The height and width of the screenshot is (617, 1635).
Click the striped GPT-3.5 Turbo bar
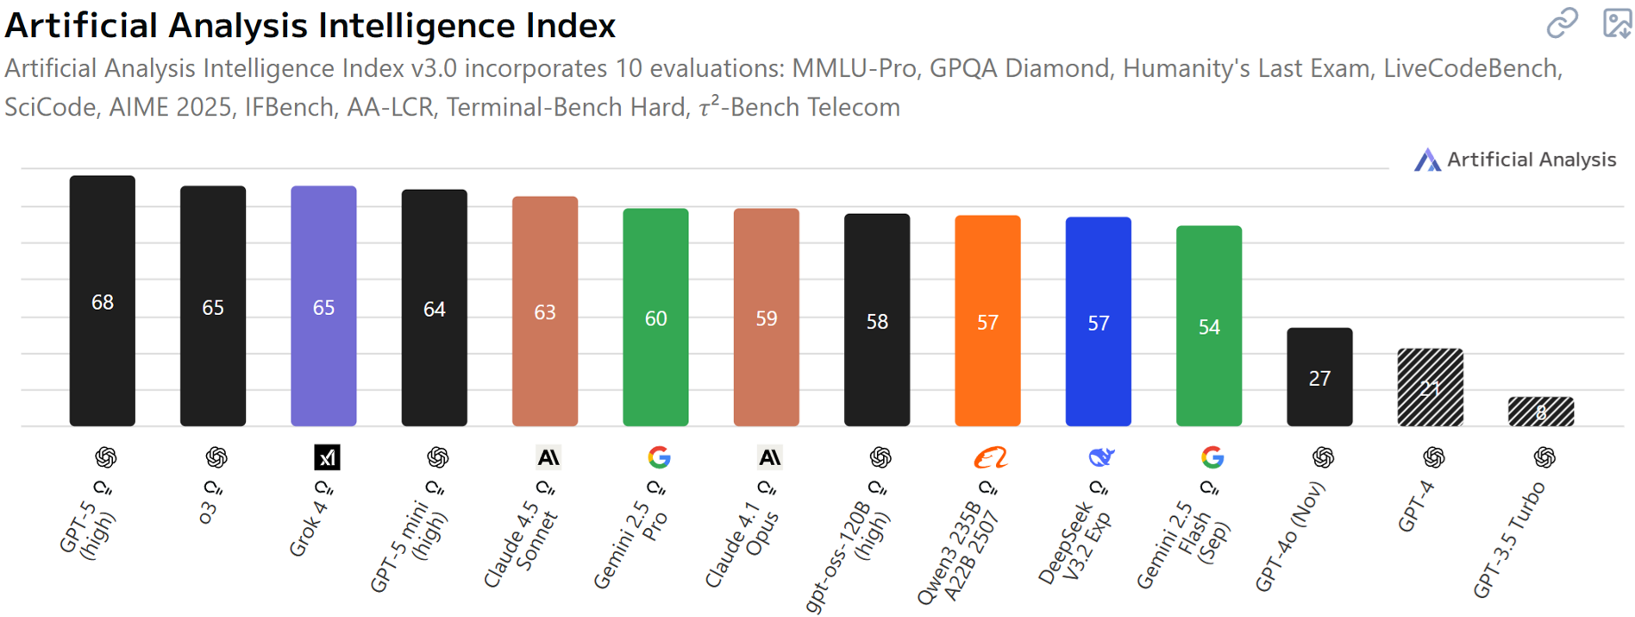(1540, 412)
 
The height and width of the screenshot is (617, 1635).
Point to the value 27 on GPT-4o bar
(1319, 378)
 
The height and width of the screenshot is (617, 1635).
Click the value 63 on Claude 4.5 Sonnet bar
(545, 312)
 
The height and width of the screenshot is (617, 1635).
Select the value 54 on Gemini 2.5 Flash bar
(1209, 327)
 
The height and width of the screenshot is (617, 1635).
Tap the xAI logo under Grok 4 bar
(327, 457)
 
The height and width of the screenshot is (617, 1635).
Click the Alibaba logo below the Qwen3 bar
(990, 457)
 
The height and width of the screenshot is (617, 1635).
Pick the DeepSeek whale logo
(1101, 456)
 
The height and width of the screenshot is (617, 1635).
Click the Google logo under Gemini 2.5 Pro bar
(659, 457)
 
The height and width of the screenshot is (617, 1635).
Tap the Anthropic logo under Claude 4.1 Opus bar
(769, 457)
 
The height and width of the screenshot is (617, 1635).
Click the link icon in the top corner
(1562, 23)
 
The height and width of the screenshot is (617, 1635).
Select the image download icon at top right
(1616, 23)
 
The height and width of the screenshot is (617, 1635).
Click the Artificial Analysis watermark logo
(1427, 160)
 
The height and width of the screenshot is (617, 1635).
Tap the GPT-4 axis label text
(1415, 507)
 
